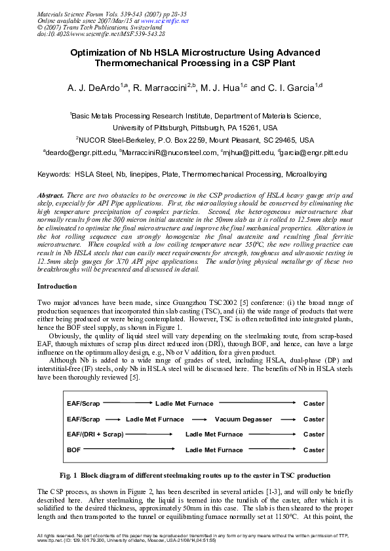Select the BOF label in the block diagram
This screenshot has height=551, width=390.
tap(73, 450)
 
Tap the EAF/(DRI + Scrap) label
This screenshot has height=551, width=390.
tap(95, 435)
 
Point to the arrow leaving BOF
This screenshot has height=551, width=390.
tap(130, 450)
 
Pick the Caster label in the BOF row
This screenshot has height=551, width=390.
tap(313, 450)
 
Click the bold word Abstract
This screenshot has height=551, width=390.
tap(51, 196)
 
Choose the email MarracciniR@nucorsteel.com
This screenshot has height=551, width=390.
tap(170, 152)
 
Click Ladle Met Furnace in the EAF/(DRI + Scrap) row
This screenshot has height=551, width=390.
tap(214, 435)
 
